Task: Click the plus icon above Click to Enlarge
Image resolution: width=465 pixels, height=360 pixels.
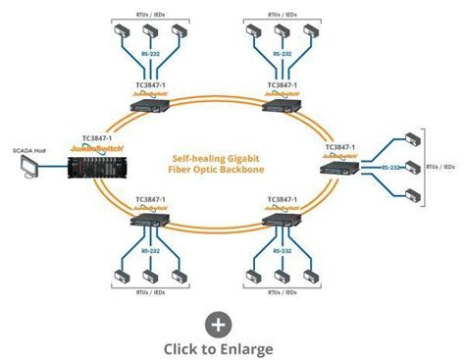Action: click(x=218, y=325)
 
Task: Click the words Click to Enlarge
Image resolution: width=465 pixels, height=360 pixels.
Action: click(x=218, y=348)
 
